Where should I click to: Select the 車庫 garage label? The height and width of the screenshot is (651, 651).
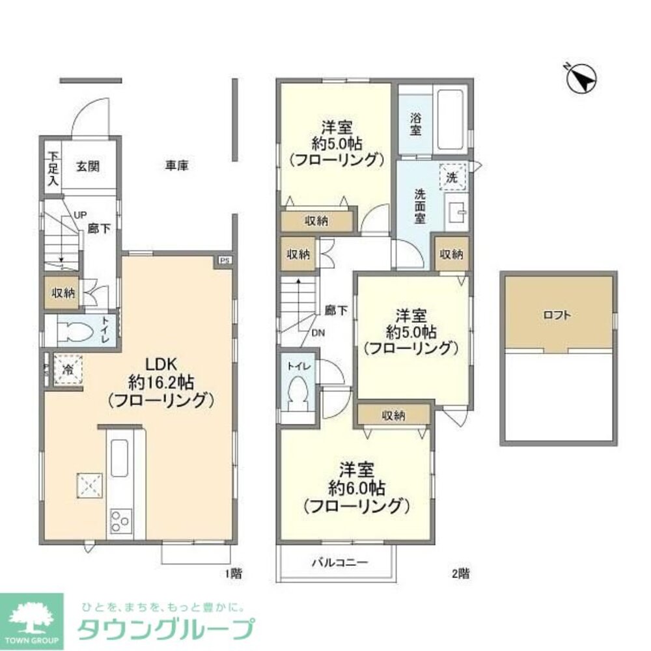[x=176, y=165]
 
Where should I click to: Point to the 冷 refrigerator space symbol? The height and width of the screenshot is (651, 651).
[x=68, y=370]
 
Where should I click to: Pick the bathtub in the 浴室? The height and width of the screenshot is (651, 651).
[x=449, y=119]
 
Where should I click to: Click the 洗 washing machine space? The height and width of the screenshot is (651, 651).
[x=451, y=176]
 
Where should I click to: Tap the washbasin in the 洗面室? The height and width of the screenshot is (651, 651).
[x=455, y=210]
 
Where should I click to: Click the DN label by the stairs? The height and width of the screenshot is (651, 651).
[x=318, y=333]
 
